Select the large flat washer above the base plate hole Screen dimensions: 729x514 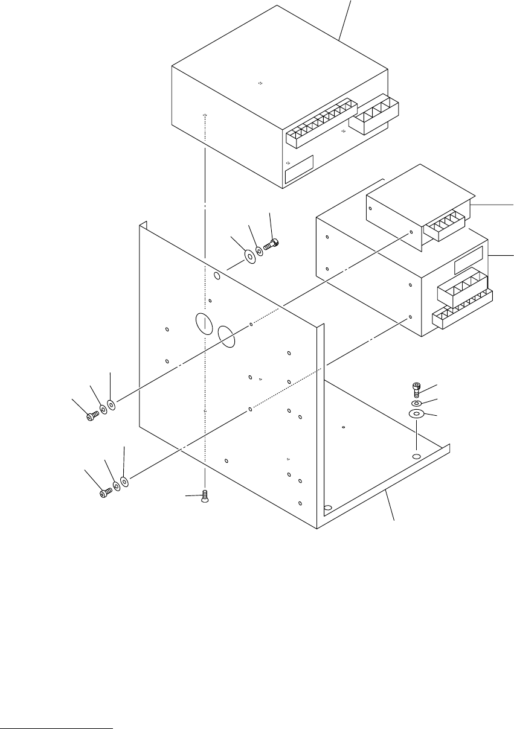coord(416,415)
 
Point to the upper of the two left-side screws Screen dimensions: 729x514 coord(92,415)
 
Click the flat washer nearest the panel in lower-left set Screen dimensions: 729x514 coord(124,482)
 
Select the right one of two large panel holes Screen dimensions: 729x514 coord(226,336)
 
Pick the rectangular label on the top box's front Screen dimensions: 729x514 coord(299,169)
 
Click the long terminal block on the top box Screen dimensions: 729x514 coord(321,123)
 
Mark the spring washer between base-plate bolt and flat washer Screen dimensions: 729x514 coord(416,403)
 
